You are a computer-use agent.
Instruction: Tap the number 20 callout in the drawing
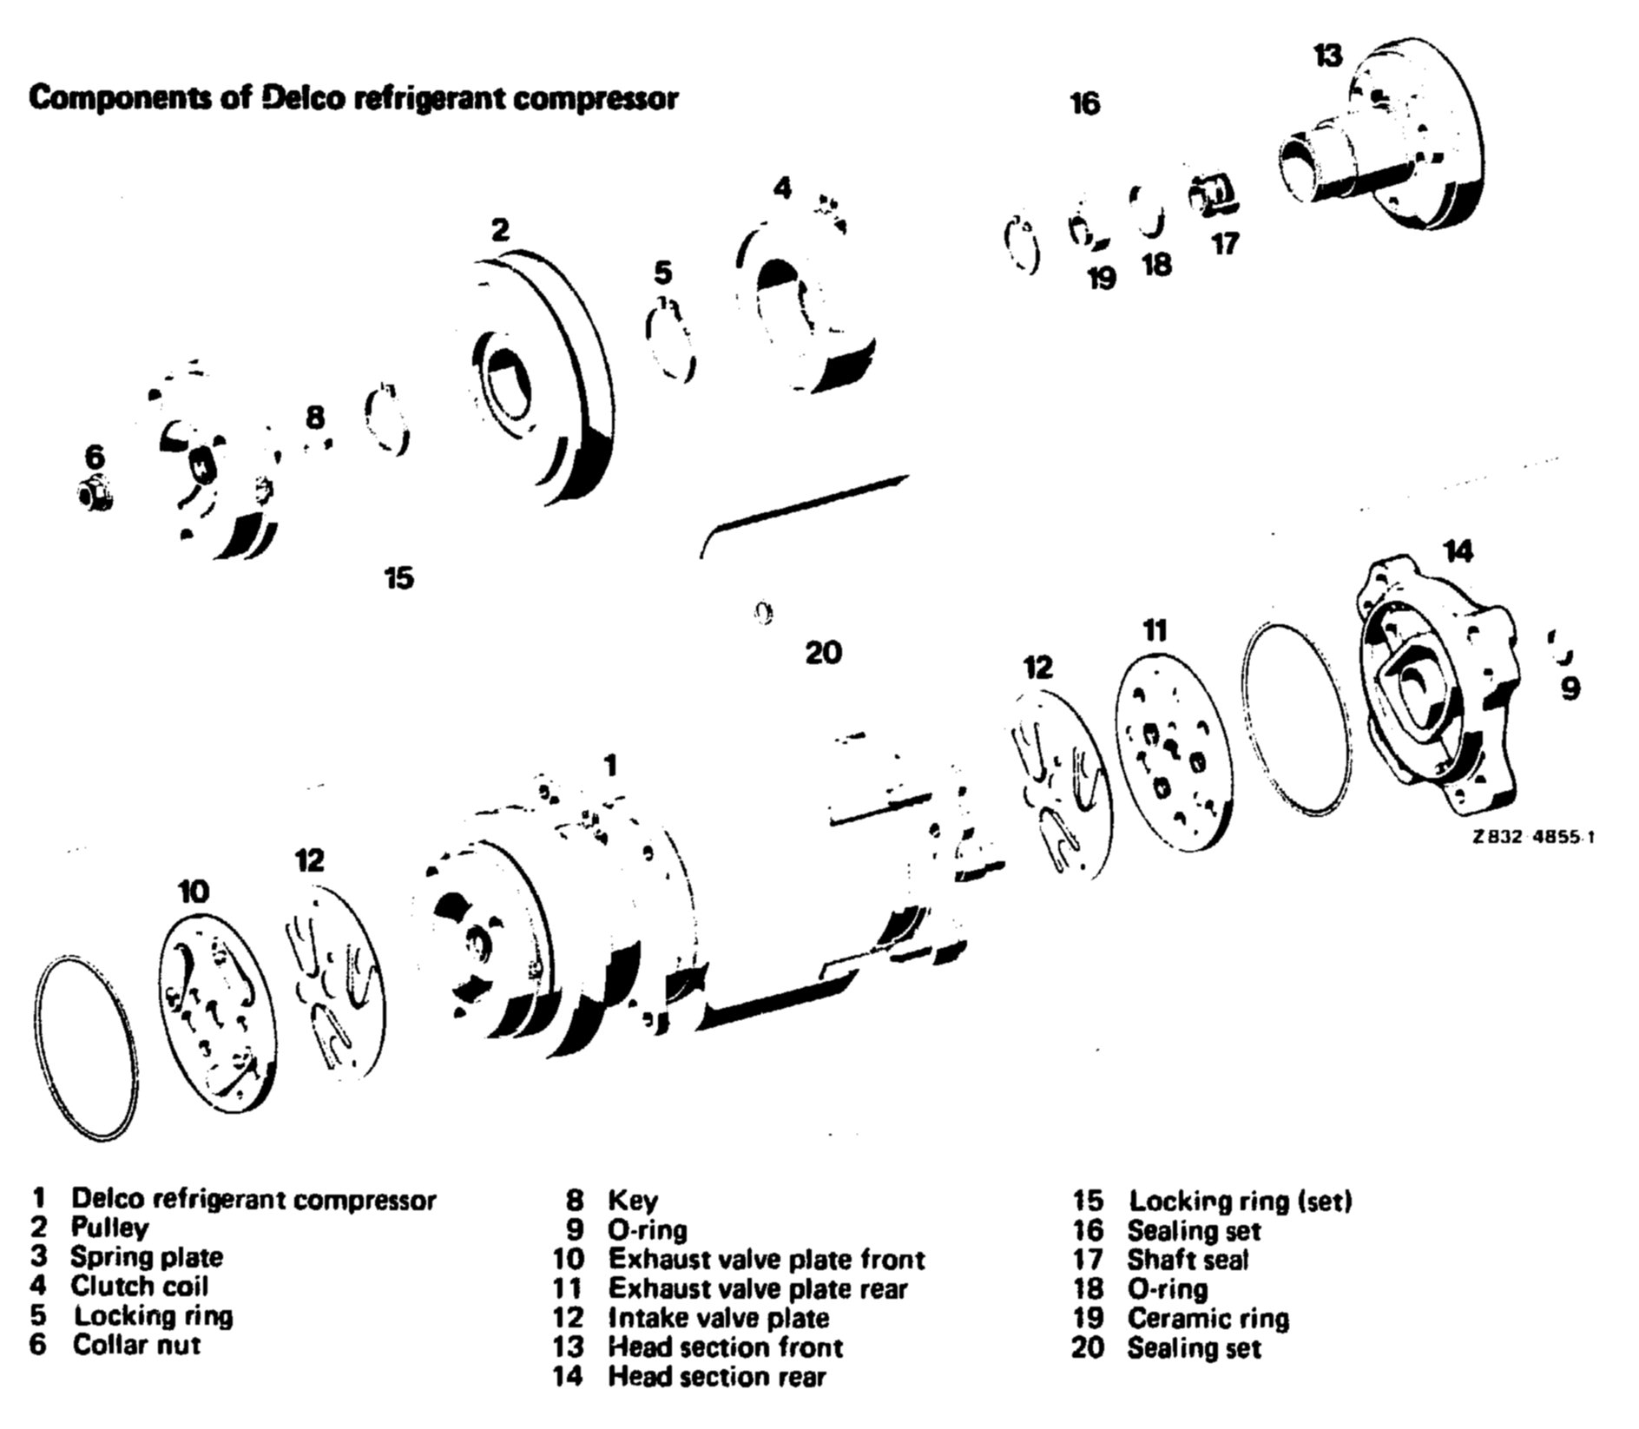click(x=823, y=652)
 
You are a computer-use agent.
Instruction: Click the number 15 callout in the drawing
click(x=398, y=577)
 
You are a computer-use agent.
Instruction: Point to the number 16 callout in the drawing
click(x=1084, y=104)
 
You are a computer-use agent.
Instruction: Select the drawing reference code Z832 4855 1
click(x=1532, y=837)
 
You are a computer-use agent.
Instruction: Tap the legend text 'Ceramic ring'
click(x=1208, y=1318)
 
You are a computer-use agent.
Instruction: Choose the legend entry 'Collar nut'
click(x=136, y=1345)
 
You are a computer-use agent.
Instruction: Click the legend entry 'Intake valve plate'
click(x=718, y=1318)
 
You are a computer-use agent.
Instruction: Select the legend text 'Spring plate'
click(x=146, y=1257)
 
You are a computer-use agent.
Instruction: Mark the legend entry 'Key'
click(x=632, y=1201)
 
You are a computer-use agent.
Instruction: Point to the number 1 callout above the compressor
click(x=611, y=766)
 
